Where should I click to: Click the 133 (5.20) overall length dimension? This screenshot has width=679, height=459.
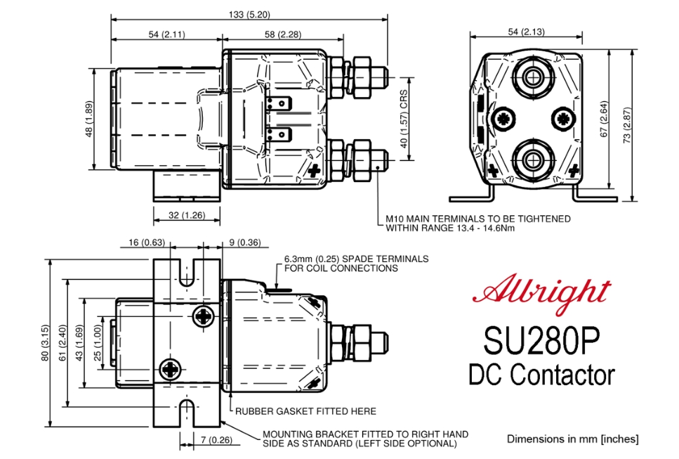pos(249,14)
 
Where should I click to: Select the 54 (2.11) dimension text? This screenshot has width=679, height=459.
pos(166,34)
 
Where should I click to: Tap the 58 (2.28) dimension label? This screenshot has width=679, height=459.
pos(283,34)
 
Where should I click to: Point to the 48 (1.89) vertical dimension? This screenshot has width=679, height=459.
pos(89,119)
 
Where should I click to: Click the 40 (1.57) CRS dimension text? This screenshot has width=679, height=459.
pos(404,119)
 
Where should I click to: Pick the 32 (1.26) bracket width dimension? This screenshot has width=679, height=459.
pos(187,215)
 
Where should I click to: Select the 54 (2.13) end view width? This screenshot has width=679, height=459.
pos(526,32)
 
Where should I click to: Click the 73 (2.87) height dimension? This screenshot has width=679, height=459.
pos(627,125)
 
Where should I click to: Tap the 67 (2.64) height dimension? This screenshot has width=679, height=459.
pos(604,119)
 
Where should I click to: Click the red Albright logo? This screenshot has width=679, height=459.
pos(541,293)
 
